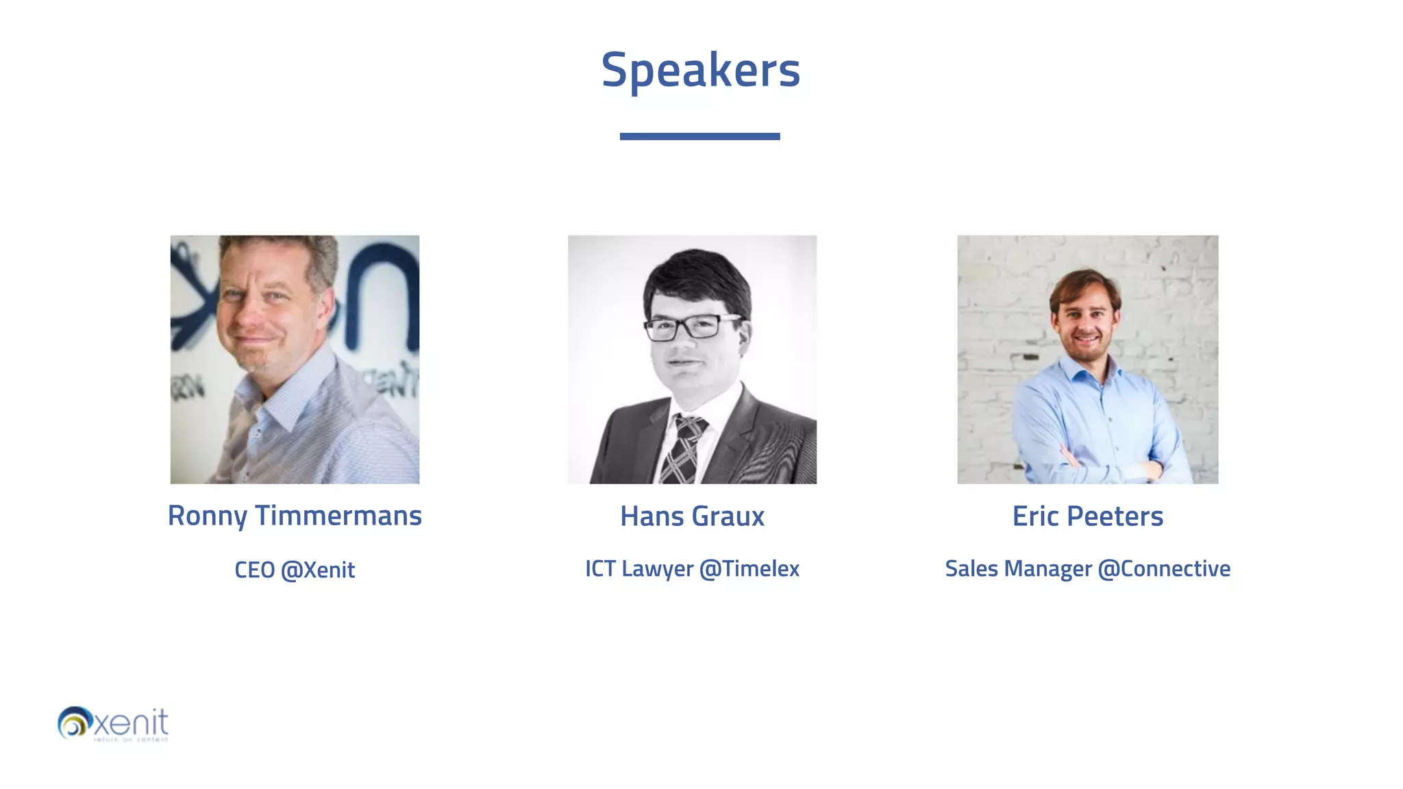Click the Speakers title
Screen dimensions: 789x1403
700,71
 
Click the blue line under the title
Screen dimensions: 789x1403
699,136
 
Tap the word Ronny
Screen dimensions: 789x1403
207,516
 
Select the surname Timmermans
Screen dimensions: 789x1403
338,516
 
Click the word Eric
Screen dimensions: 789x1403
1035,516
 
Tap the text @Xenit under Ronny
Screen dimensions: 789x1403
318,570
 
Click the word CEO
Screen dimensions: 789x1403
254,570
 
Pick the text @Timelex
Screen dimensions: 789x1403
749,568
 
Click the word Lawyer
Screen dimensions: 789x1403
657,569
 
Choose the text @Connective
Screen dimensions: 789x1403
1164,568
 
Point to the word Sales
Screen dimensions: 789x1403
971,568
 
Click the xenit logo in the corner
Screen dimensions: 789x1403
113,724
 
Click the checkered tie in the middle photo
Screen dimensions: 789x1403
684,449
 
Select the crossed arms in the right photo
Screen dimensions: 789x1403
1110,466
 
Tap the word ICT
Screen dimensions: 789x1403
600,568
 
